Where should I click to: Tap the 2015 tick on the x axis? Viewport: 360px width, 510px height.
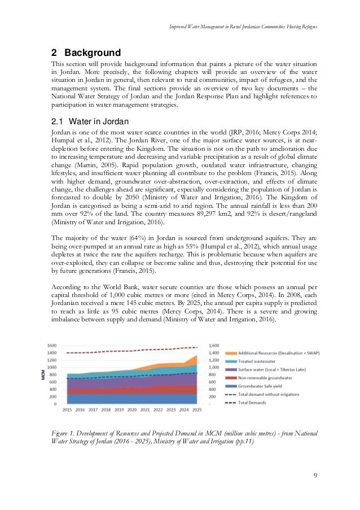click(x=68, y=409)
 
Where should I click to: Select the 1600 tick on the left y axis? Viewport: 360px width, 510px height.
click(x=52, y=345)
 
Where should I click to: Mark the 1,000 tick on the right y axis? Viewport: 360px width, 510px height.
click(x=213, y=367)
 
